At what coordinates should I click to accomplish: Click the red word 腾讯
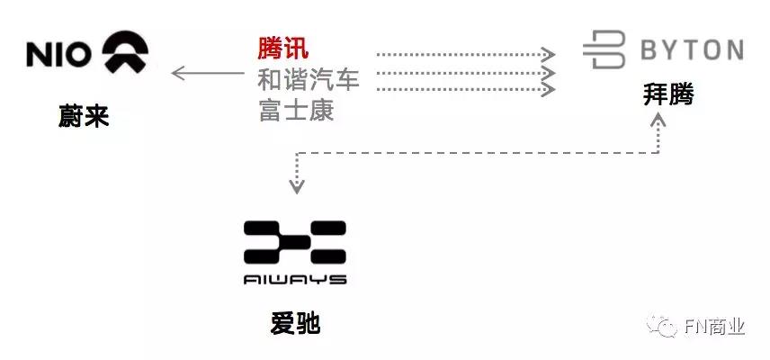click(283, 49)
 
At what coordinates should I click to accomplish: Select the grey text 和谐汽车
click(309, 79)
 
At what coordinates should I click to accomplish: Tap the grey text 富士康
click(296, 110)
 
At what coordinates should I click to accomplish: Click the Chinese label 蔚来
click(84, 117)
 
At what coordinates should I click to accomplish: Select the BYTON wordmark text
click(692, 50)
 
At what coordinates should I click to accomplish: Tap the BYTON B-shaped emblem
click(604, 49)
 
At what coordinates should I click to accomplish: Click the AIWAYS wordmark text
click(295, 280)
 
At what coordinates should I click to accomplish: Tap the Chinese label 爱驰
click(295, 324)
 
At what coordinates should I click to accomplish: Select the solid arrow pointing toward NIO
click(207, 73)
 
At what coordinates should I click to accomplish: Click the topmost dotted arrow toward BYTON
click(466, 54)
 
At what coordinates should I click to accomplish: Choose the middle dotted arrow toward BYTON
click(466, 73)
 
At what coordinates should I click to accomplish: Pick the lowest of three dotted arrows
click(466, 89)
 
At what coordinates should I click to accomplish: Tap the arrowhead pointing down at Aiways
click(297, 187)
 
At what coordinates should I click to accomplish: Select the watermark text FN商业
click(715, 327)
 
